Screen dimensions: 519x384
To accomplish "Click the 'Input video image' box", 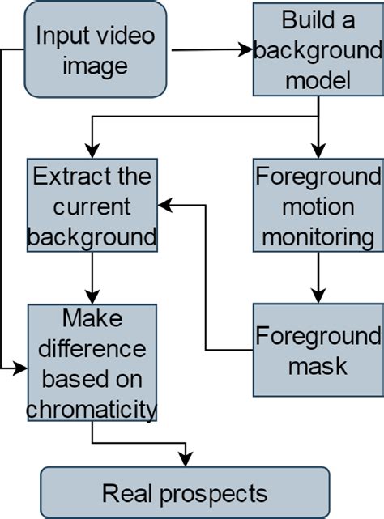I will [96, 49].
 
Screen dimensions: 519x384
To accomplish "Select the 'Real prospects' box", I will [185, 492].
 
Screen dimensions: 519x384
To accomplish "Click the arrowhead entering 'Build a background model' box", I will [247, 50].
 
